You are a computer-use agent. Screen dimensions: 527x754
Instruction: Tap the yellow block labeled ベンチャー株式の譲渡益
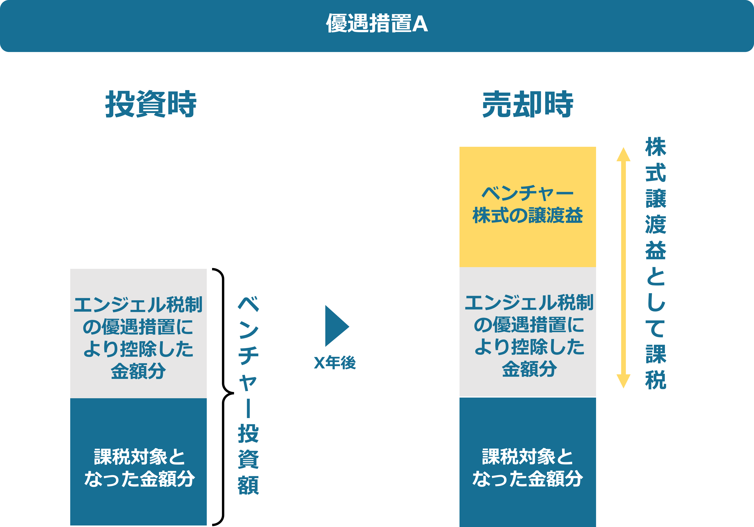pos(527,207)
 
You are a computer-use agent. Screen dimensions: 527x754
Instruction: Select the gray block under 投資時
pos(138,333)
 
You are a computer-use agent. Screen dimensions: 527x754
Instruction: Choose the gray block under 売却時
pos(527,332)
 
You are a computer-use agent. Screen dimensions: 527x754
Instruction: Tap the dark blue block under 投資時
pos(138,461)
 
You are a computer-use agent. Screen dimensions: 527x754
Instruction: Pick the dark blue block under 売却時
pos(527,461)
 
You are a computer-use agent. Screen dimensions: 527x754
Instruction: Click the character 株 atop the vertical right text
pos(655,147)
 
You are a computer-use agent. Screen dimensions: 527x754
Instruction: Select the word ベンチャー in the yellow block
pos(527,193)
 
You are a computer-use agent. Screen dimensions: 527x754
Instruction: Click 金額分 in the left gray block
pos(138,371)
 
